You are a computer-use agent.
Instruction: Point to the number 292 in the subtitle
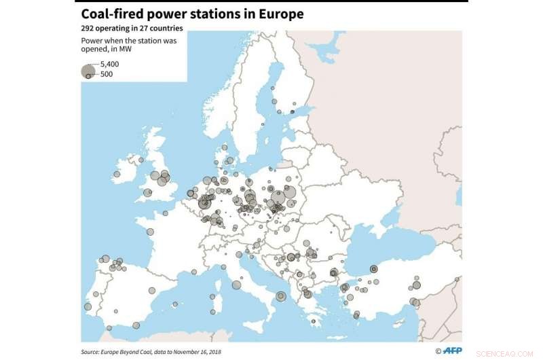point(89,29)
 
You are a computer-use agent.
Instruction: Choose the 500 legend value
point(107,73)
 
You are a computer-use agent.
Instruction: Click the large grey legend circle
point(88,71)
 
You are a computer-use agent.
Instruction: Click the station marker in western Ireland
point(117,175)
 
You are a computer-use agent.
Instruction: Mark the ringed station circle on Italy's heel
point(280,295)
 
